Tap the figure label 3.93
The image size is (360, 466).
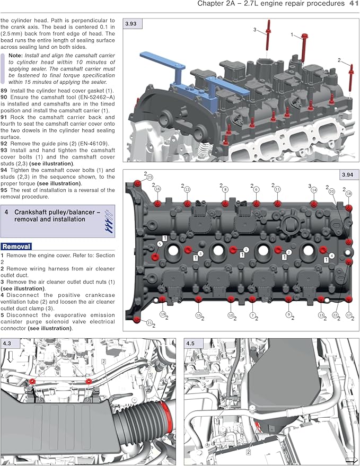tap(131, 24)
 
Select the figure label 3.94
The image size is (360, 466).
tap(347, 174)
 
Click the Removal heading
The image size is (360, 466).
tap(16, 246)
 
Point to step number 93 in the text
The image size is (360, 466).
tap(4, 151)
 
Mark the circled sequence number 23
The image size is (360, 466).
tap(150, 177)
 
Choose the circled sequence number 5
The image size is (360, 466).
tap(160, 243)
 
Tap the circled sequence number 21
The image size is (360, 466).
tap(150, 322)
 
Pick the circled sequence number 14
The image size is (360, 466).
tap(314, 189)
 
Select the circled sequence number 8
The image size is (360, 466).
tap(225, 189)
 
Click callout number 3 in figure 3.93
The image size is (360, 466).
tap(255, 29)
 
